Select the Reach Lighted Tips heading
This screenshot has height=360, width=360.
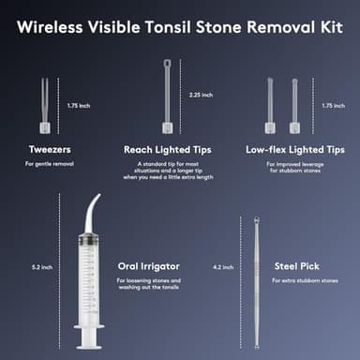click(168, 149)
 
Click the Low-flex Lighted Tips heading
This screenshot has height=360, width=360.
click(294, 149)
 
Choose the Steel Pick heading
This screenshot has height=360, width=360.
click(297, 266)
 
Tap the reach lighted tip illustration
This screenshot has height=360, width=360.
click(168, 98)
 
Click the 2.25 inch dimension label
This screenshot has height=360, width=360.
click(201, 95)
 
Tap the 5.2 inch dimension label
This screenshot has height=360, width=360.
click(41, 267)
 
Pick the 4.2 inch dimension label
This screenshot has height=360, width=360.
click(223, 267)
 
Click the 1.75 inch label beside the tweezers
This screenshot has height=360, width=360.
click(79, 105)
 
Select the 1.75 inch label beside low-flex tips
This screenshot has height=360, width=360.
click(333, 105)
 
